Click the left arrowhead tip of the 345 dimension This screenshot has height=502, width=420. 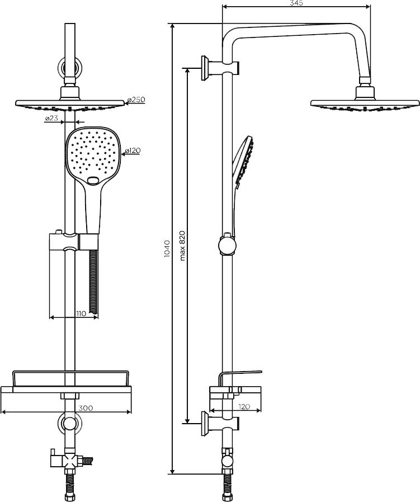click(x=222, y=6)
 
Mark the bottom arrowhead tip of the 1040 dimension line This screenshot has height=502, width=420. click(x=172, y=474)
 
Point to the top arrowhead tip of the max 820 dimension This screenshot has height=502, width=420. click(x=187, y=68)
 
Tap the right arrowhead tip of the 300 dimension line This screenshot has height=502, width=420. click(x=131, y=411)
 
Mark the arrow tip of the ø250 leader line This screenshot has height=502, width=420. click(x=124, y=103)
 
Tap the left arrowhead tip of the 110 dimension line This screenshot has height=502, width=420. click(x=50, y=317)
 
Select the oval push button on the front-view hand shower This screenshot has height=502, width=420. click(x=93, y=181)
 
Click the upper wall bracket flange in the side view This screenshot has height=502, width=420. click(x=205, y=68)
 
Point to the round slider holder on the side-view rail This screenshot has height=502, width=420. click(x=228, y=245)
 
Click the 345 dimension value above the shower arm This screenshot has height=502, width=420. click(x=296, y=3)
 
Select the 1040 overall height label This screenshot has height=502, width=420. click(x=166, y=248)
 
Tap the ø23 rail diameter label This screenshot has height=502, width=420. click(x=51, y=118)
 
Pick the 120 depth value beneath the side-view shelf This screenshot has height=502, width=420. click(x=244, y=407)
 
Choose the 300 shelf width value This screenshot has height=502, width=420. click(x=86, y=408)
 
